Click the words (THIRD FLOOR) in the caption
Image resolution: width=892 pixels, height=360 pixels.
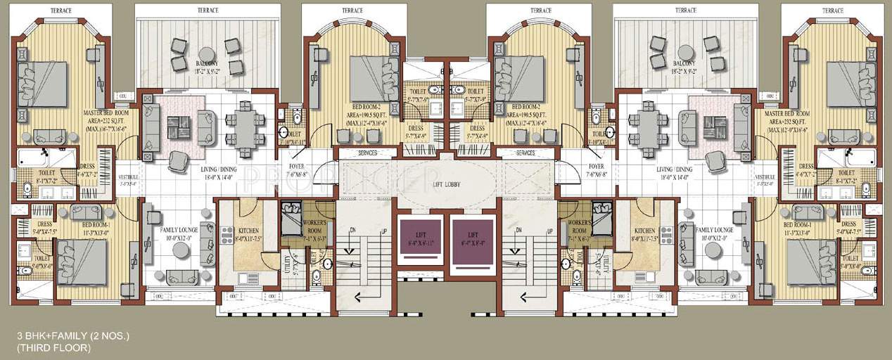coord(55,348)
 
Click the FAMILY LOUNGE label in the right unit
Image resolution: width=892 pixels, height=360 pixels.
coord(714,230)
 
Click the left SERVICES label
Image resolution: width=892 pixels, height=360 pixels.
coord(367,153)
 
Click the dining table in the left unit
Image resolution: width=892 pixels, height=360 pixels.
coord(243,127)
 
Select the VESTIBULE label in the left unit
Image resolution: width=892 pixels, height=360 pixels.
coord(128,177)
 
